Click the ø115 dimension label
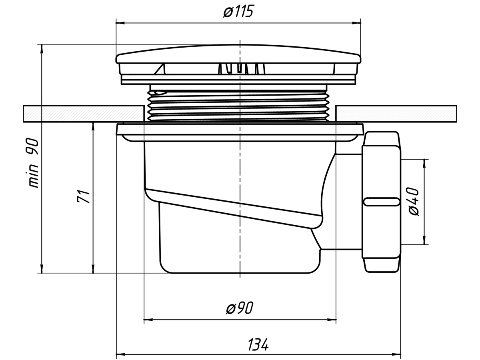[x=238, y=12]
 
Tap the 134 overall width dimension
[x=258, y=345]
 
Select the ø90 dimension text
[x=240, y=308]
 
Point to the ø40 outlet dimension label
[x=414, y=202]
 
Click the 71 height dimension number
[x=83, y=197]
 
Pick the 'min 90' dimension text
[x=34, y=163]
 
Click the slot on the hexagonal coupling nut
[x=381, y=202]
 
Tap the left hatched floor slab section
[x=84, y=114]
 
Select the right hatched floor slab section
[x=396, y=114]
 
